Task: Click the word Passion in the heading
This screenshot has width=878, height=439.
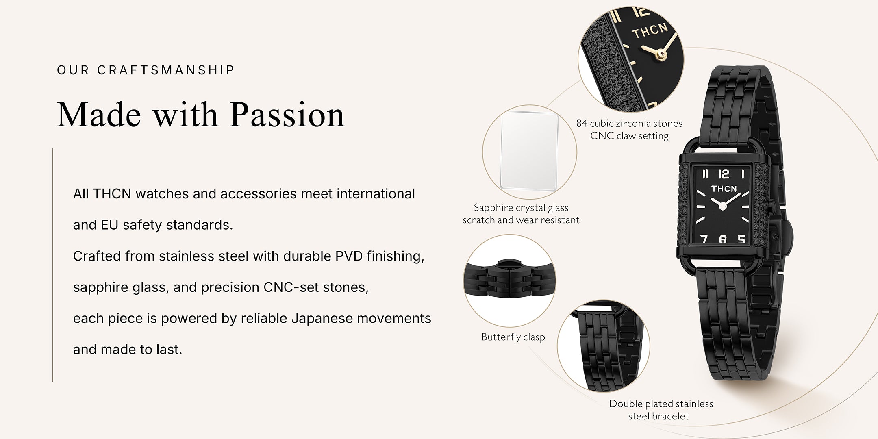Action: click(x=287, y=115)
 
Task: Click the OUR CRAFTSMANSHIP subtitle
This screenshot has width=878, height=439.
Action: click(x=146, y=70)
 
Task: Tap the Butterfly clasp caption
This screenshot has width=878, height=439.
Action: click(x=513, y=337)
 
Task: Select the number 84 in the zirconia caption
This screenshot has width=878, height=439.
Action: click(x=582, y=123)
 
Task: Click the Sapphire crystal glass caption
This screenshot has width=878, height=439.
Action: click(x=521, y=208)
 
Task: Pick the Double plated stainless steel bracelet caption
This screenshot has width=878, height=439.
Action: click(x=661, y=410)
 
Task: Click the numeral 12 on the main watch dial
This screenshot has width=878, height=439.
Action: click(x=724, y=174)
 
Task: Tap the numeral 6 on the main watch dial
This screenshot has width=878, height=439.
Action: click(x=722, y=239)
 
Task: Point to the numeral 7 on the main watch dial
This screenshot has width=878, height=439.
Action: click(x=704, y=239)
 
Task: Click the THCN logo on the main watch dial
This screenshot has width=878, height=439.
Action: click(x=724, y=189)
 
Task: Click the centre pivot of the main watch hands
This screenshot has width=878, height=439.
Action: click(x=723, y=206)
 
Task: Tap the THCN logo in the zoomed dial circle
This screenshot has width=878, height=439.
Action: click(x=650, y=31)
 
